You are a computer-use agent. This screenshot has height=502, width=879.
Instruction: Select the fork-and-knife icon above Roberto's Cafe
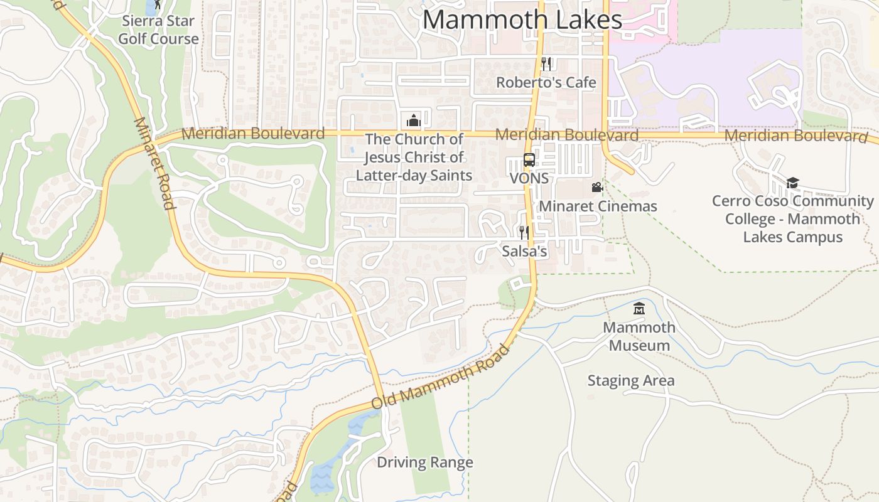[x=546, y=63]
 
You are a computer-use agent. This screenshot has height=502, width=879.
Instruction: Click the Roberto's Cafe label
[x=546, y=82]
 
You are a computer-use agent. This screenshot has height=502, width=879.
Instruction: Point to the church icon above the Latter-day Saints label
[x=414, y=120]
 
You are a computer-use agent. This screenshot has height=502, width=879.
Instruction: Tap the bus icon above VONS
[x=529, y=160]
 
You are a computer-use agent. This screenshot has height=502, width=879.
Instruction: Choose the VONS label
[x=529, y=178]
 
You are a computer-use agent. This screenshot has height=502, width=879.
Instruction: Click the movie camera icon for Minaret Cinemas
[x=597, y=188]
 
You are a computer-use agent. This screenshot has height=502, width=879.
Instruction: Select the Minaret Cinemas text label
[x=598, y=206]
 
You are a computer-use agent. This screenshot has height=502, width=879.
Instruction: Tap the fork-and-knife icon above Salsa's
[x=524, y=233]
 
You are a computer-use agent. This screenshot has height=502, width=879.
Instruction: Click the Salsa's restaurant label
[x=525, y=252]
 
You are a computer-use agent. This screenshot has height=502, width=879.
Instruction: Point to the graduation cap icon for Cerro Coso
[x=792, y=183]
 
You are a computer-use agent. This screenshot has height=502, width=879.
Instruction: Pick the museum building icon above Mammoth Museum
[x=639, y=309]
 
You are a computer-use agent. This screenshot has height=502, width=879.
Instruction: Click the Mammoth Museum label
[x=639, y=336]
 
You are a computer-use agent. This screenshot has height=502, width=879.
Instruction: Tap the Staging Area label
[x=631, y=380]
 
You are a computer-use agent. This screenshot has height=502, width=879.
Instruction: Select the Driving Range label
[x=424, y=462]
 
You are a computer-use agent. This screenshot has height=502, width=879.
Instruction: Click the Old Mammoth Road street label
[x=440, y=377]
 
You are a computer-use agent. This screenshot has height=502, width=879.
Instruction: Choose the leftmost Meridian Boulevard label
[x=253, y=134]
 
